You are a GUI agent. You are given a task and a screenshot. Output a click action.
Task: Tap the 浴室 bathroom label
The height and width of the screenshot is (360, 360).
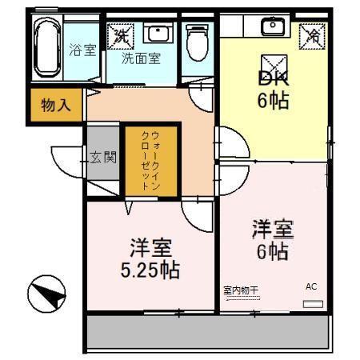[82, 50]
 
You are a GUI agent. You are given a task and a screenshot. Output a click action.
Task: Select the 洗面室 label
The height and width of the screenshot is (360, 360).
[141, 58]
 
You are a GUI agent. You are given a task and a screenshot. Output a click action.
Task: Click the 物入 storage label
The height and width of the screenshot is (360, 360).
[56, 105]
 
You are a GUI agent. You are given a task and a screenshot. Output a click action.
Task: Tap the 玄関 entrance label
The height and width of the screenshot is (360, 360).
[103, 156]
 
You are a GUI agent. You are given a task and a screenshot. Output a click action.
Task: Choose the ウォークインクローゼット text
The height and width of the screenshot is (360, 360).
[144, 159]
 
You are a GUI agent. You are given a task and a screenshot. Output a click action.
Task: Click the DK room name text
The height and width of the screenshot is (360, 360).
[272, 78]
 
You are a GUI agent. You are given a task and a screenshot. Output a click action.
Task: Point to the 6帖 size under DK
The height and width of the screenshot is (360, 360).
[272, 102]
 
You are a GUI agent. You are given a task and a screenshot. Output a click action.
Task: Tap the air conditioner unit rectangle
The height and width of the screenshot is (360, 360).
[313, 304]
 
